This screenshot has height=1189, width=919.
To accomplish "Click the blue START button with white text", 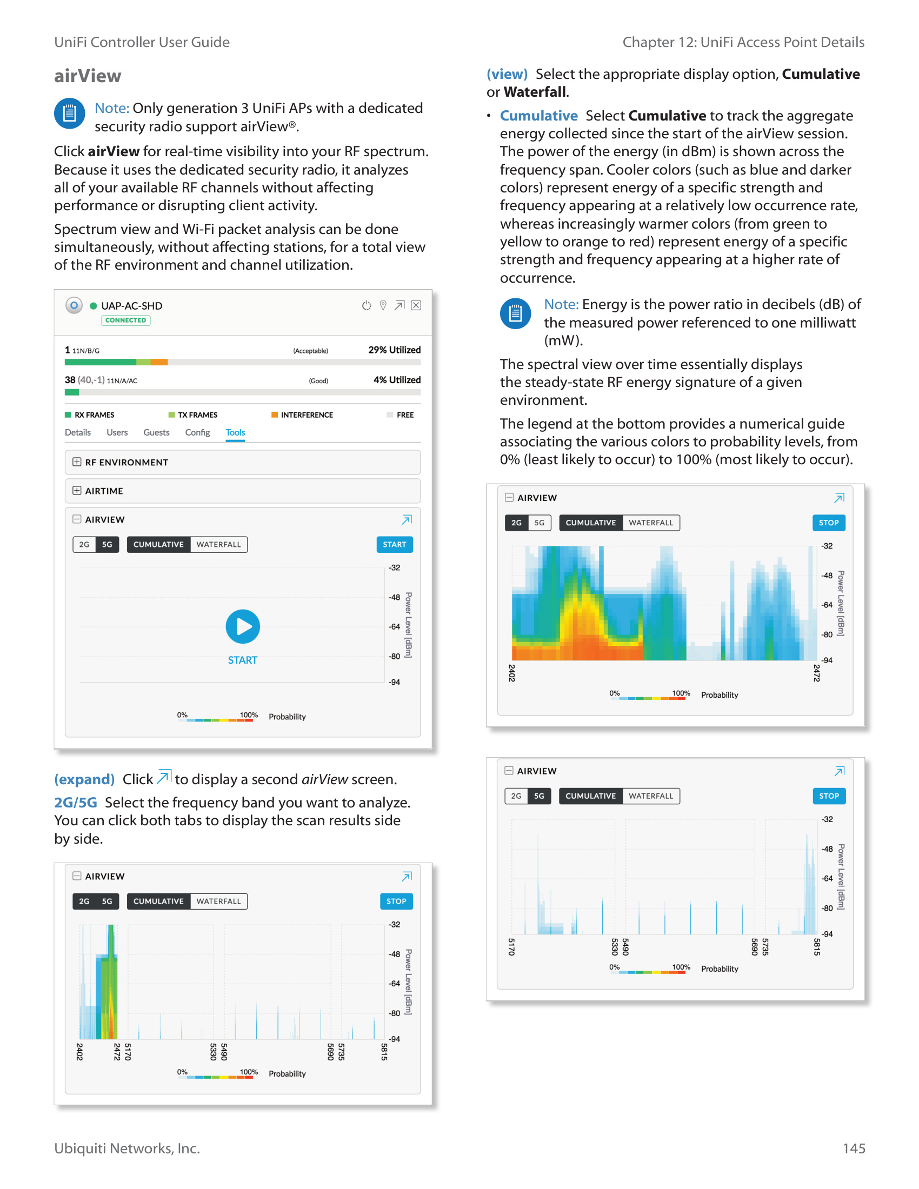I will pyautogui.click(x=394, y=544).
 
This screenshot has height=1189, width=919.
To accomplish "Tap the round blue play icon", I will pyautogui.click(x=243, y=626).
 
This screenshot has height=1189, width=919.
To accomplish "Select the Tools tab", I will pyautogui.click(x=235, y=432).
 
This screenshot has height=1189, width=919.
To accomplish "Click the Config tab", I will pyautogui.click(x=197, y=432).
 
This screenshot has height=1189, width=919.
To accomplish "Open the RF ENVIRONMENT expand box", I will pyautogui.click(x=77, y=462).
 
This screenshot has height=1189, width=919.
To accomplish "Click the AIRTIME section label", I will pyautogui.click(x=104, y=491).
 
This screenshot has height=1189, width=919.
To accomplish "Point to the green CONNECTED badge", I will pyautogui.click(x=126, y=320).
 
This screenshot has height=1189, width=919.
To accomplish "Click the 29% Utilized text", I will pyautogui.click(x=394, y=350).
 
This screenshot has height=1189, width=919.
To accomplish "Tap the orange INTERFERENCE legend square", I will pyautogui.click(x=275, y=415).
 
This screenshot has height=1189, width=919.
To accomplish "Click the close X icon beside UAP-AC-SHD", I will pyautogui.click(x=416, y=305).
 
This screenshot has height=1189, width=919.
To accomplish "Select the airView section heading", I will pyautogui.click(x=88, y=76).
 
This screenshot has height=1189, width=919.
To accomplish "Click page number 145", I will pyautogui.click(x=854, y=1148).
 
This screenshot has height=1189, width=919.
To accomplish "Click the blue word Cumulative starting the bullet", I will pyautogui.click(x=538, y=116).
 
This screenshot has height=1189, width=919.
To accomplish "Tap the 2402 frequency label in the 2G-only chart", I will pyautogui.click(x=512, y=673).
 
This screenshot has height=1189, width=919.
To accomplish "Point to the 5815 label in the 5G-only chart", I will pyautogui.click(x=817, y=947).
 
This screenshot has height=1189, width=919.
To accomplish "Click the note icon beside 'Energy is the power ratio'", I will pyautogui.click(x=515, y=313).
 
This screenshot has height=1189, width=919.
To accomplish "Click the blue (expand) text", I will pyautogui.click(x=84, y=779).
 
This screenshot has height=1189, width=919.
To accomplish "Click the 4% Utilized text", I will pyautogui.click(x=397, y=380).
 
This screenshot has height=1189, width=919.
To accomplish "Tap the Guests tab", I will pyautogui.click(x=156, y=432).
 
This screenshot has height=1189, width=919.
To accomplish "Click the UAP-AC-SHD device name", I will pyautogui.click(x=132, y=306).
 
